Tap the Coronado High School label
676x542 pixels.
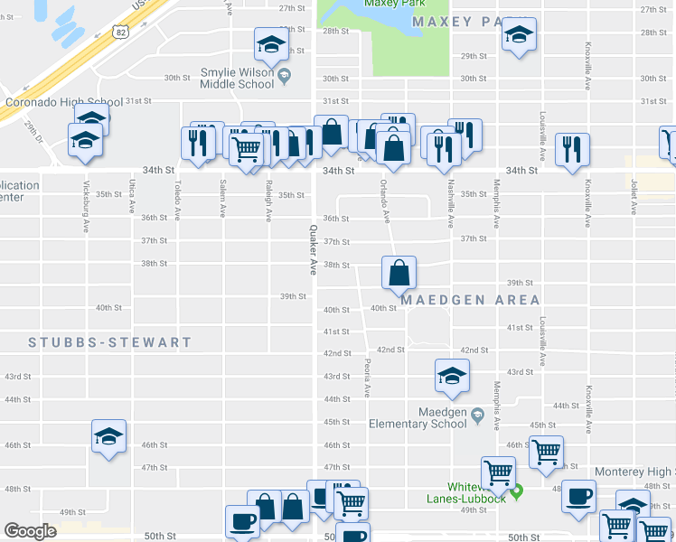tap(63, 102)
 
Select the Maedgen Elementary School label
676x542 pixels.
tap(417, 417)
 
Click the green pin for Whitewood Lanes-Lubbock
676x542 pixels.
tap(516, 492)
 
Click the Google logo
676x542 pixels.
tap(30, 530)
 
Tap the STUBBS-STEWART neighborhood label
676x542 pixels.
tap(110, 342)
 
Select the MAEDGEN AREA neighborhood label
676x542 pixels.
tap(471, 299)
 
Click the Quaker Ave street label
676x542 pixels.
tap(312, 249)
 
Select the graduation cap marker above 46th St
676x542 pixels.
tap(108, 436)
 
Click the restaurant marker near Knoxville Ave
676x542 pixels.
tap(572, 149)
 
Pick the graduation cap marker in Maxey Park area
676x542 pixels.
tap(519, 35)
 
